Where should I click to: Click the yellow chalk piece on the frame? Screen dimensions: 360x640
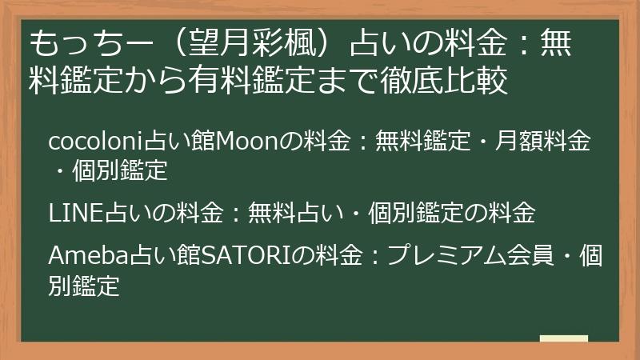[x=563, y=339]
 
